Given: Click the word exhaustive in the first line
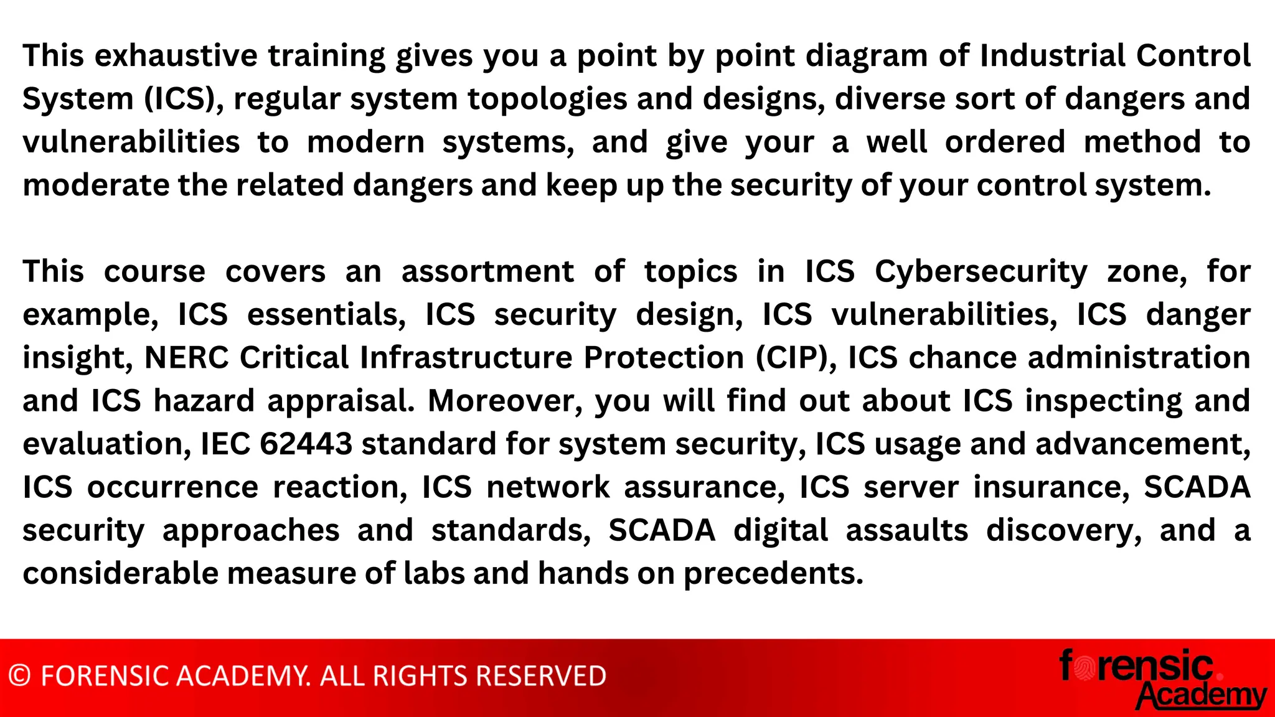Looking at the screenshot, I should pyautogui.click(x=176, y=56).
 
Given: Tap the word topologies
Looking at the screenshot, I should pyautogui.click(x=547, y=100).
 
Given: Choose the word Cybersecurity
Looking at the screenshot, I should pyautogui.click(x=981, y=272).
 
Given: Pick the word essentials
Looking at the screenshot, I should pyautogui.click(x=326, y=315).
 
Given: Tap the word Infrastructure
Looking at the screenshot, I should pyautogui.click(x=466, y=358).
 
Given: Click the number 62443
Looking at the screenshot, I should pyautogui.click(x=306, y=444).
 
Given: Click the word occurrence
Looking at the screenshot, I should pyautogui.click(x=172, y=487).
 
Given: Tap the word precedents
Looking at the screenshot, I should pyautogui.click(x=773, y=574).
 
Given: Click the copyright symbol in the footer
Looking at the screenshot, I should pyautogui.click(x=20, y=676).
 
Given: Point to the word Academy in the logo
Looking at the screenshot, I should pyautogui.click(x=1202, y=695).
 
